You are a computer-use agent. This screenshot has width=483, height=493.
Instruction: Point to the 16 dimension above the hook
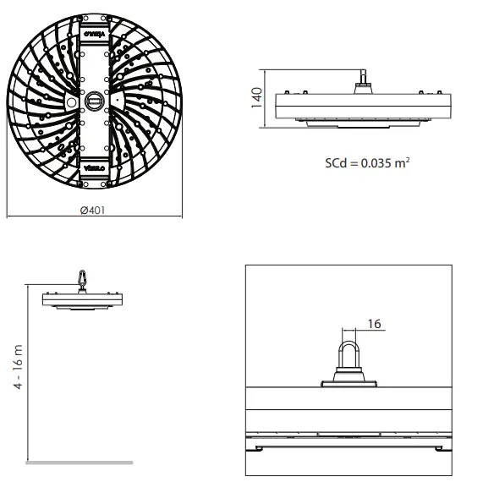[x=375, y=323]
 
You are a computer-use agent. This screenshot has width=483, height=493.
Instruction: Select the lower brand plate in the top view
[x=94, y=169]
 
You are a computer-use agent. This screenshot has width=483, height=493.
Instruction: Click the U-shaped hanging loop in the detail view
[x=349, y=351]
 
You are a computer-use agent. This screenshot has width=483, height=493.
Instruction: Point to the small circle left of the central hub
[x=71, y=101]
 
